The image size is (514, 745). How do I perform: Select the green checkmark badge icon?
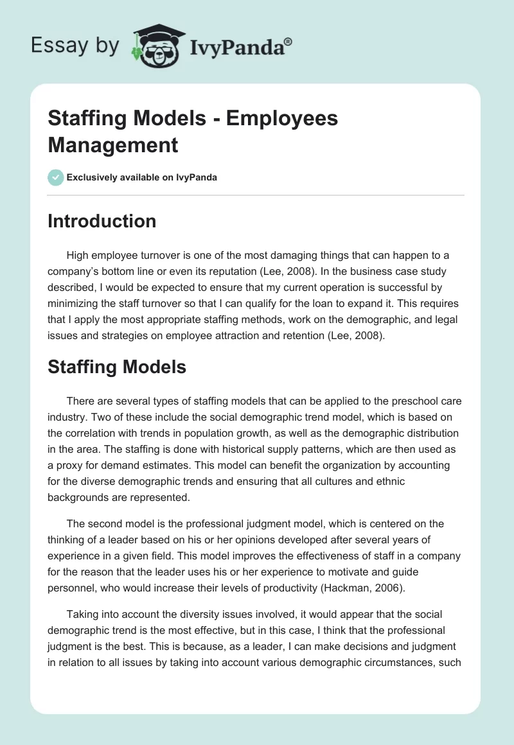(x=56, y=177)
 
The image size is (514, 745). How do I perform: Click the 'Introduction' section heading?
(x=102, y=221)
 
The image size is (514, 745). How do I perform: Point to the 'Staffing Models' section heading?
(x=117, y=367)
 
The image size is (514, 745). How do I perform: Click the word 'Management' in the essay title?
(x=112, y=145)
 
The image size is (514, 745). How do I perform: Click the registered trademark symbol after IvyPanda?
(x=288, y=40)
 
